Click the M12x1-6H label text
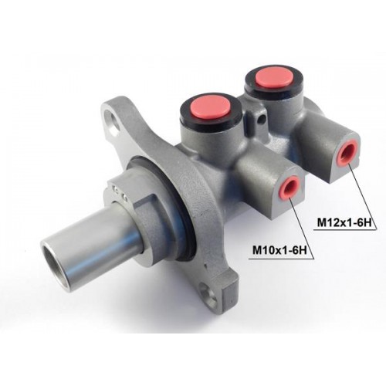[344, 222]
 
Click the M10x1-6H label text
[280, 250]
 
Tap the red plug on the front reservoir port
[210, 106]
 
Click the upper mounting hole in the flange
[115, 121]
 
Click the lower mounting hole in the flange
[210, 294]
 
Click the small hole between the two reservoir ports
[262, 119]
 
